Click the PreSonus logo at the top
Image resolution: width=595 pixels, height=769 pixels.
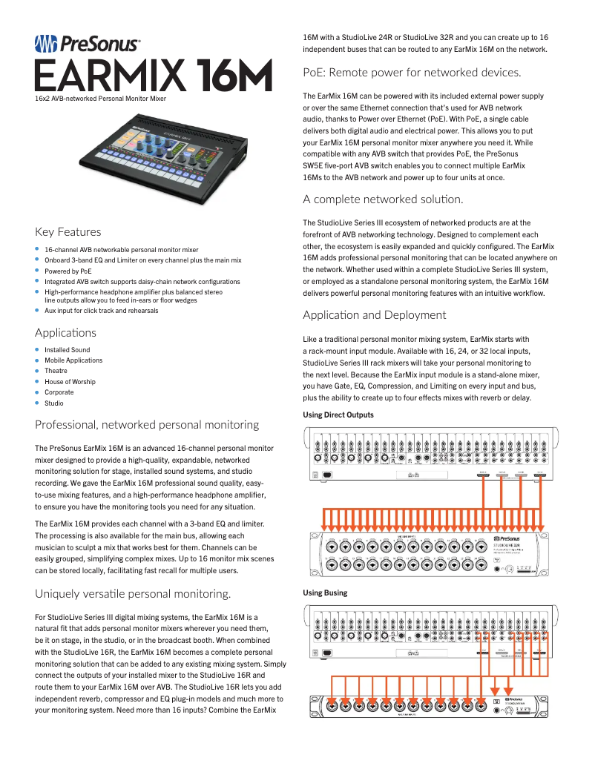[x=88, y=44]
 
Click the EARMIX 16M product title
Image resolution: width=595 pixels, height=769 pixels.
[x=154, y=76]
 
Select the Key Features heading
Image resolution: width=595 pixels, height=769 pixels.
[x=68, y=231]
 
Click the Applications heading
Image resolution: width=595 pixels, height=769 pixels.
[x=65, y=332]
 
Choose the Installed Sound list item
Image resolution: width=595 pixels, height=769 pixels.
[x=67, y=350]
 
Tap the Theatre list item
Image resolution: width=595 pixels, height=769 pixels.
[x=56, y=371]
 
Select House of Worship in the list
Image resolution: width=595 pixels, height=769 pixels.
[x=70, y=382]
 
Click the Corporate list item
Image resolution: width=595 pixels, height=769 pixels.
[x=59, y=392]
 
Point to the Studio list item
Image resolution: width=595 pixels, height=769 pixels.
[x=54, y=403]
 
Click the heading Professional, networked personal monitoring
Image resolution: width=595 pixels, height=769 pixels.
[x=147, y=425]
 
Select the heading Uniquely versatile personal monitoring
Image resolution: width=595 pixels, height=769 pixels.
[x=133, y=593]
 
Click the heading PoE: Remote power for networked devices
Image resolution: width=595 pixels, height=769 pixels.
[x=412, y=73]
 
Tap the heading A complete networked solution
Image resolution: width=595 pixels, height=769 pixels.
[x=383, y=199]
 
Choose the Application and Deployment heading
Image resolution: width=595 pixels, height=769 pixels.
[x=375, y=315]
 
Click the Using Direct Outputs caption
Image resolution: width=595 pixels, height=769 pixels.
[x=338, y=415]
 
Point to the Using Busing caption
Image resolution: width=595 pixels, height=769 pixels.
[x=325, y=593]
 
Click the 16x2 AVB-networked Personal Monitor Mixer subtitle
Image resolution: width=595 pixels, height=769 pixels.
[x=101, y=98]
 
